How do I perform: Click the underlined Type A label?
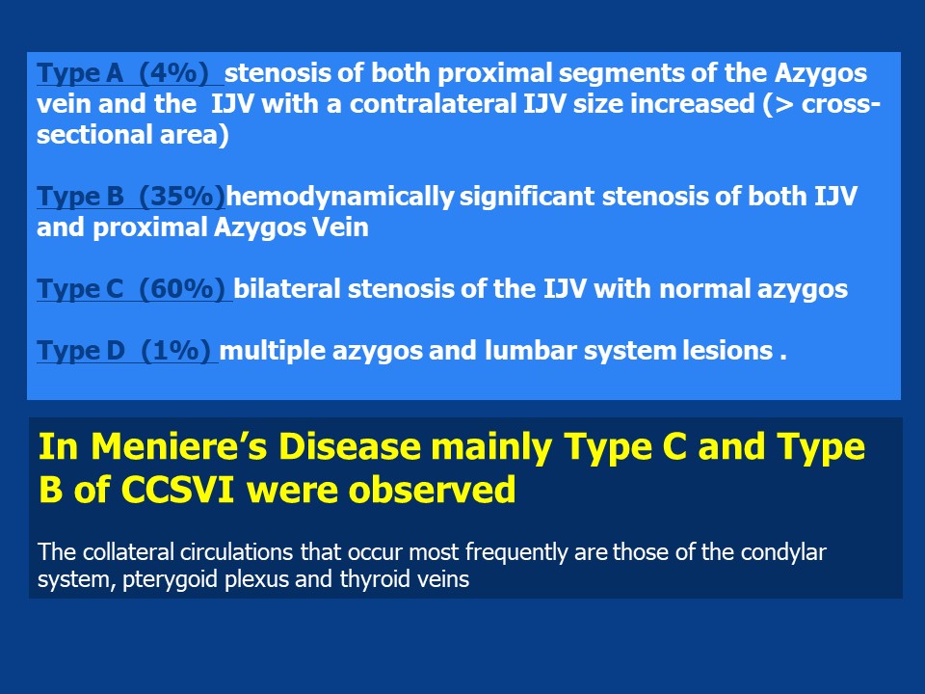[x=80, y=73]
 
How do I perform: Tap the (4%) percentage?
[x=174, y=73]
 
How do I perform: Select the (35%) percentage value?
[x=182, y=197]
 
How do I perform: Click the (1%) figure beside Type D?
[x=175, y=351]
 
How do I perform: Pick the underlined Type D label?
[x=81, y=351]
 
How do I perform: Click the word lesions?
[x=727, y=351]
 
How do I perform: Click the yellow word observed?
[x=432, y=490]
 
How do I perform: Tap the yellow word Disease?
[x=349, y=446]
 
